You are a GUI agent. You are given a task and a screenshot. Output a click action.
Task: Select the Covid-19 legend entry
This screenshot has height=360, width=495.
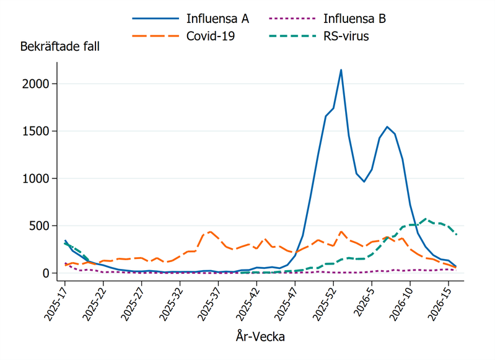210,37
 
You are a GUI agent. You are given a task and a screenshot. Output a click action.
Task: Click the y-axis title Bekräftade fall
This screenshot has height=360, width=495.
59,46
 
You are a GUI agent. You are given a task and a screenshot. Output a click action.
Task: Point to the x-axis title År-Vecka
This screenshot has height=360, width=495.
260,336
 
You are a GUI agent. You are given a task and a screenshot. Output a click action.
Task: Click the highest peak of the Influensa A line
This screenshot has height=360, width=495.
341,70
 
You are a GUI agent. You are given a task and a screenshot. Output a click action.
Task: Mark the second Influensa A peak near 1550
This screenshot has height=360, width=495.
387,127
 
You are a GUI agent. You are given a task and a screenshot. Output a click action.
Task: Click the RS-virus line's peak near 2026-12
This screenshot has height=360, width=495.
425,219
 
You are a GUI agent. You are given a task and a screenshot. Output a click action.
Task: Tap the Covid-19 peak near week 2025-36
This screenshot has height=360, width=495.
211,232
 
